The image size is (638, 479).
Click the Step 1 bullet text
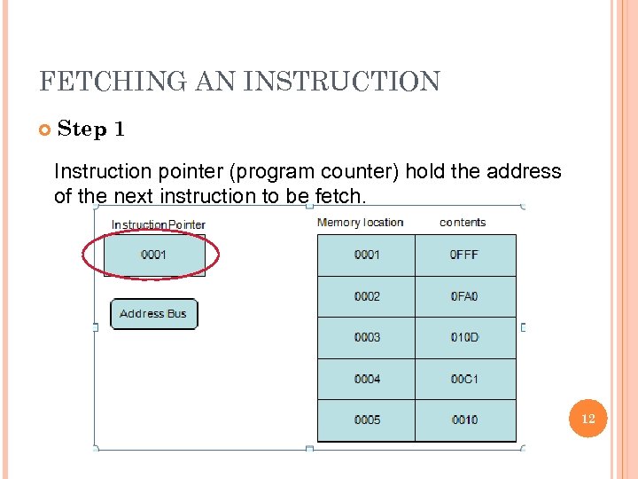(x=91, y=130)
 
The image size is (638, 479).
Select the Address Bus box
(x=153, y=314)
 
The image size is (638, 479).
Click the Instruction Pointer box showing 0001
(x=154, y=255)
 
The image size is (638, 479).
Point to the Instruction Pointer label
(x=158, y=224)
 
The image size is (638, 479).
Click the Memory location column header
(x=360, y=223)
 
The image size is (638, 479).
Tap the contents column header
(x=463, y=223)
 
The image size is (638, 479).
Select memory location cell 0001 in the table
(x=366, y=255)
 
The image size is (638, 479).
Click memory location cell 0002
(x=366, y=296)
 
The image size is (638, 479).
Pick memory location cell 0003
(x=366, y=338)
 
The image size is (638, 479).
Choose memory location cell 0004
(x=366, y=379)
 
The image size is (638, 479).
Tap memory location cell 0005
(x=366, y=420)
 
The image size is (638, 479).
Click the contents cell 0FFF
(x=464, y=255)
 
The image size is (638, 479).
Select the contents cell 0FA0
(x=464, y=296)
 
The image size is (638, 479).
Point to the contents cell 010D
(x=464, y=338)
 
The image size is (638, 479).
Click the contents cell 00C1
(x=464, y=379)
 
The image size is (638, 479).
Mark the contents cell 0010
(x=464, y=420)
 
